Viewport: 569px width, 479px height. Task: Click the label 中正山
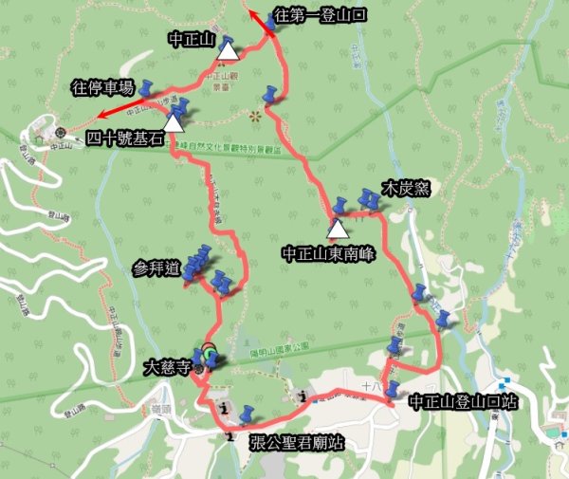tap(191, 40)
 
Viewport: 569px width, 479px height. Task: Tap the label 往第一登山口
tap(320, 15)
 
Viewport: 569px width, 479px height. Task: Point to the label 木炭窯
tap(406, 188)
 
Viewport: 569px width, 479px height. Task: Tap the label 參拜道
tap(157, 268)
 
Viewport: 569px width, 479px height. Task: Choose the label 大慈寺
tap(168, 363)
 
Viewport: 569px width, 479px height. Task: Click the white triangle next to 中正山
tap(229, 48)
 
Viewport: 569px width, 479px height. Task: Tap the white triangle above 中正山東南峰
tap(337, 229)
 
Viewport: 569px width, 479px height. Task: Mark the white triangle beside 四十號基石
tap(174, 121)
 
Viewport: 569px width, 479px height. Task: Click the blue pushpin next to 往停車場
tap(148, 88)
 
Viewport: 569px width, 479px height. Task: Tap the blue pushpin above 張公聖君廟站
tap(248, 415)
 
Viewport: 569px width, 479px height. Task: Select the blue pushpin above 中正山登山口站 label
tap(391, 389)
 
